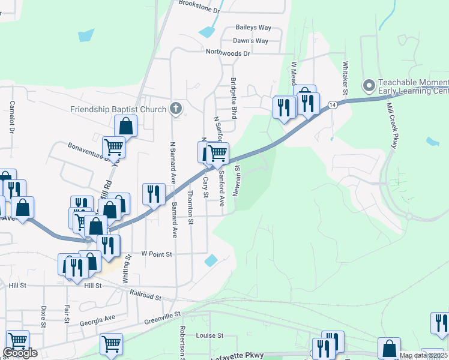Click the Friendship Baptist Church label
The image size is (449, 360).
[x=118, y=109]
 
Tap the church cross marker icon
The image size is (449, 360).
[x=175, y=109]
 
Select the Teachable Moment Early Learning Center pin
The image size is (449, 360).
[x=369, y=85]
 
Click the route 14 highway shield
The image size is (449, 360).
[x=332, y=105]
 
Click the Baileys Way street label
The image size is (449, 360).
[x=253, y=28]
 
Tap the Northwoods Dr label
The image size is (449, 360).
[x=228, y=53]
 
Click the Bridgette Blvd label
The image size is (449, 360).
[x=234, y=99]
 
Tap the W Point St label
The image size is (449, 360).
[x=157, y=254]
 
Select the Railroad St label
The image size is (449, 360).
[x=146, y=295]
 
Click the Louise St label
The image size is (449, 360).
[x=209, y=336]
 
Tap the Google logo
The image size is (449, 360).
[x=19, y=353]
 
